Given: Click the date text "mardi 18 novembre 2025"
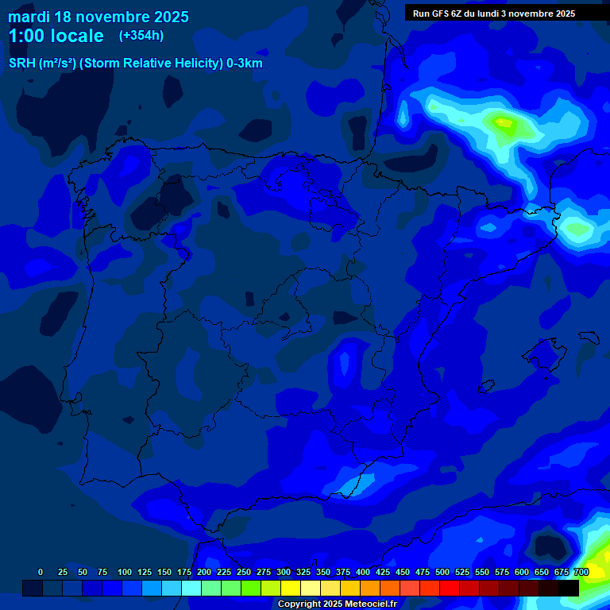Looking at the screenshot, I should [x=98, y=16].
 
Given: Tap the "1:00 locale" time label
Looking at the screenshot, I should [x=56, y=36].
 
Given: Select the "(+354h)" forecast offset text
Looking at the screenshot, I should [x=141, y=35].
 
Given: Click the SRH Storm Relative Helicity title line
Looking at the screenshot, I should [x=135, y=64].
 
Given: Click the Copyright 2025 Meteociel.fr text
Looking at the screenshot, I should [x=337, y=604].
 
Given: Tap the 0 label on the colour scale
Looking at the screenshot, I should [x=41, y=572].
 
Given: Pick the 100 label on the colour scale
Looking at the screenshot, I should [x=124, y=572].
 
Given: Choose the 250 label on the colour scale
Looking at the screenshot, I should [x=243, y=572].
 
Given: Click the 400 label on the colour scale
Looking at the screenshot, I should [x=363, y=572].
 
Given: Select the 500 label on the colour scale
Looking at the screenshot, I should [x=442, y=572].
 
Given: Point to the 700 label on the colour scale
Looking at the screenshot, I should [x=581, y=572].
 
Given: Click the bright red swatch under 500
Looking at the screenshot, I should [x=450, y=588].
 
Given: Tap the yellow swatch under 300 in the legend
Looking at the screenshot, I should [x=291, y=588].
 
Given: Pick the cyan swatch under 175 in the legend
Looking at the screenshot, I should [x=191, y=588].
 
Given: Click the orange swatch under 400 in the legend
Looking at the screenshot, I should [x=370, y=588].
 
